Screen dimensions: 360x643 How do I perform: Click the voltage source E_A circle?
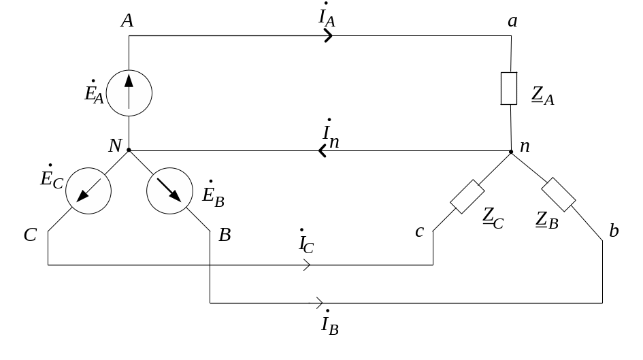click(129, 93)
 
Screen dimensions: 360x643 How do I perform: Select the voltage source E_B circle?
click(169, 190)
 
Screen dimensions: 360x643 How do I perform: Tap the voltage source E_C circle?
click(88, 190)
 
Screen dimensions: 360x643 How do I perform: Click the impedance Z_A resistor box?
click(509, 88)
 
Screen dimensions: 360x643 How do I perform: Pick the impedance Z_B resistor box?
click(559, 194)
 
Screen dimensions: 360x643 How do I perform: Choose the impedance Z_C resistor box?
click(467, 197)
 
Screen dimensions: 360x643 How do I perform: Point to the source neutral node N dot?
click(129, 150)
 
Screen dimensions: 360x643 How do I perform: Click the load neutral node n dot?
click(510, 151)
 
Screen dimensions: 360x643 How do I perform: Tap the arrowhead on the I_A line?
click(329, 35)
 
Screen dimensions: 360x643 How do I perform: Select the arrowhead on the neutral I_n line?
click(323, 151)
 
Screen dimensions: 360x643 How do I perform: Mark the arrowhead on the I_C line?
click(306, 265)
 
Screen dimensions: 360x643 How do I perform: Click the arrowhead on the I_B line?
click(318, 302)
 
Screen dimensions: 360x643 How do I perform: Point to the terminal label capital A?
click(127, 21)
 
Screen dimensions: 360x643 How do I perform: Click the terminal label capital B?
click(225, 235)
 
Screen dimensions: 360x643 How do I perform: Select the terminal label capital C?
click(30, 235)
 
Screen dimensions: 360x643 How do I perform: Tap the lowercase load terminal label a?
click(512, 22)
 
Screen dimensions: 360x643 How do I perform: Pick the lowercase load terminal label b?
click(613, 231)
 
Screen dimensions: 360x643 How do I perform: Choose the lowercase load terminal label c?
click(419, 232)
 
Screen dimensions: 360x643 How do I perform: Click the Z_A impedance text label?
click(543, 96)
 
